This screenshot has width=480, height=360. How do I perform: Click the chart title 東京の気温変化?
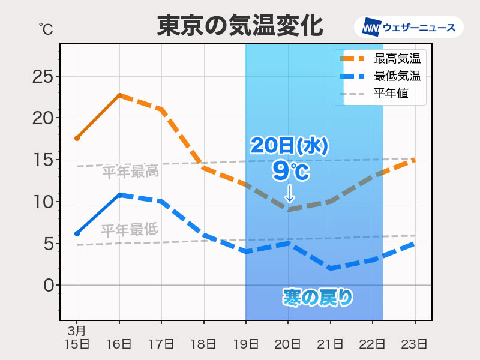[240, 26]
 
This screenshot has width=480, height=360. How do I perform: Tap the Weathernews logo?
[409, 27]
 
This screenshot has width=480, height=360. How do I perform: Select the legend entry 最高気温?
[397, 59]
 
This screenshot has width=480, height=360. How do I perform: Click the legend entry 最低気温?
[397, 76]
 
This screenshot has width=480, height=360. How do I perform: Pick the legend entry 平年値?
[391, 94]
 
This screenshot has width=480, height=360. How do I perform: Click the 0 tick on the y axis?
[49, 285]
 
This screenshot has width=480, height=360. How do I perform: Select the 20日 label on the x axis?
[288, 344]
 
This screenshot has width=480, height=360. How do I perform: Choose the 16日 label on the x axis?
[119, 344]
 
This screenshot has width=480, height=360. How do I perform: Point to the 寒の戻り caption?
[317, 298]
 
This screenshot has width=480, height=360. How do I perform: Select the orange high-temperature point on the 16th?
[119, 95]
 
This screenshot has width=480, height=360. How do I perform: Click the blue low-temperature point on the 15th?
[77, 233]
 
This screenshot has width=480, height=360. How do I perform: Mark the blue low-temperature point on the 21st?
[331, 268]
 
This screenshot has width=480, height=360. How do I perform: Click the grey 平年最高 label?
[130, 172]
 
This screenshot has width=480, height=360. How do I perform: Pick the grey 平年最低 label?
[129, 230]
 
